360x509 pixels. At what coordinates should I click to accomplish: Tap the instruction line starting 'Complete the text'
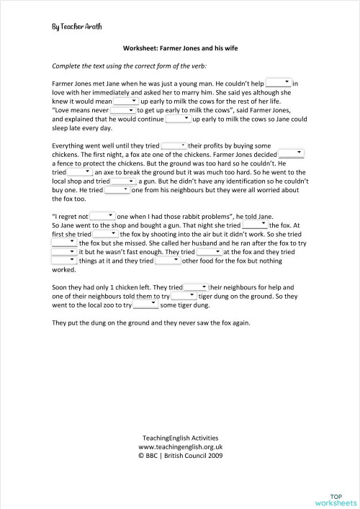[x=115, y=66]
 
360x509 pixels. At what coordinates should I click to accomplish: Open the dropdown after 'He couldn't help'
[x=279, y=84]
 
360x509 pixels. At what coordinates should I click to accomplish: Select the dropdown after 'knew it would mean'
[x=125, y=101]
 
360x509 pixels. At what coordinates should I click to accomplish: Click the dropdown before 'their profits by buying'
[x=174, y=145]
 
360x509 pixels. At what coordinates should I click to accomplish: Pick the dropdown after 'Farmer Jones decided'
[x=292, y=153]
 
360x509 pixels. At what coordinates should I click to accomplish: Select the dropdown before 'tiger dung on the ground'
[x=184, y=295]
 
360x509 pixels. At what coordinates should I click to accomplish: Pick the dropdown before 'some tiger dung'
[x=147, y=304]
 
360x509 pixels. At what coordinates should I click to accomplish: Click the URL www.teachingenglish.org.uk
[x=179, y=446]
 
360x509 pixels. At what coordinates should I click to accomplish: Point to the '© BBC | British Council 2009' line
[x=179, y=454]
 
